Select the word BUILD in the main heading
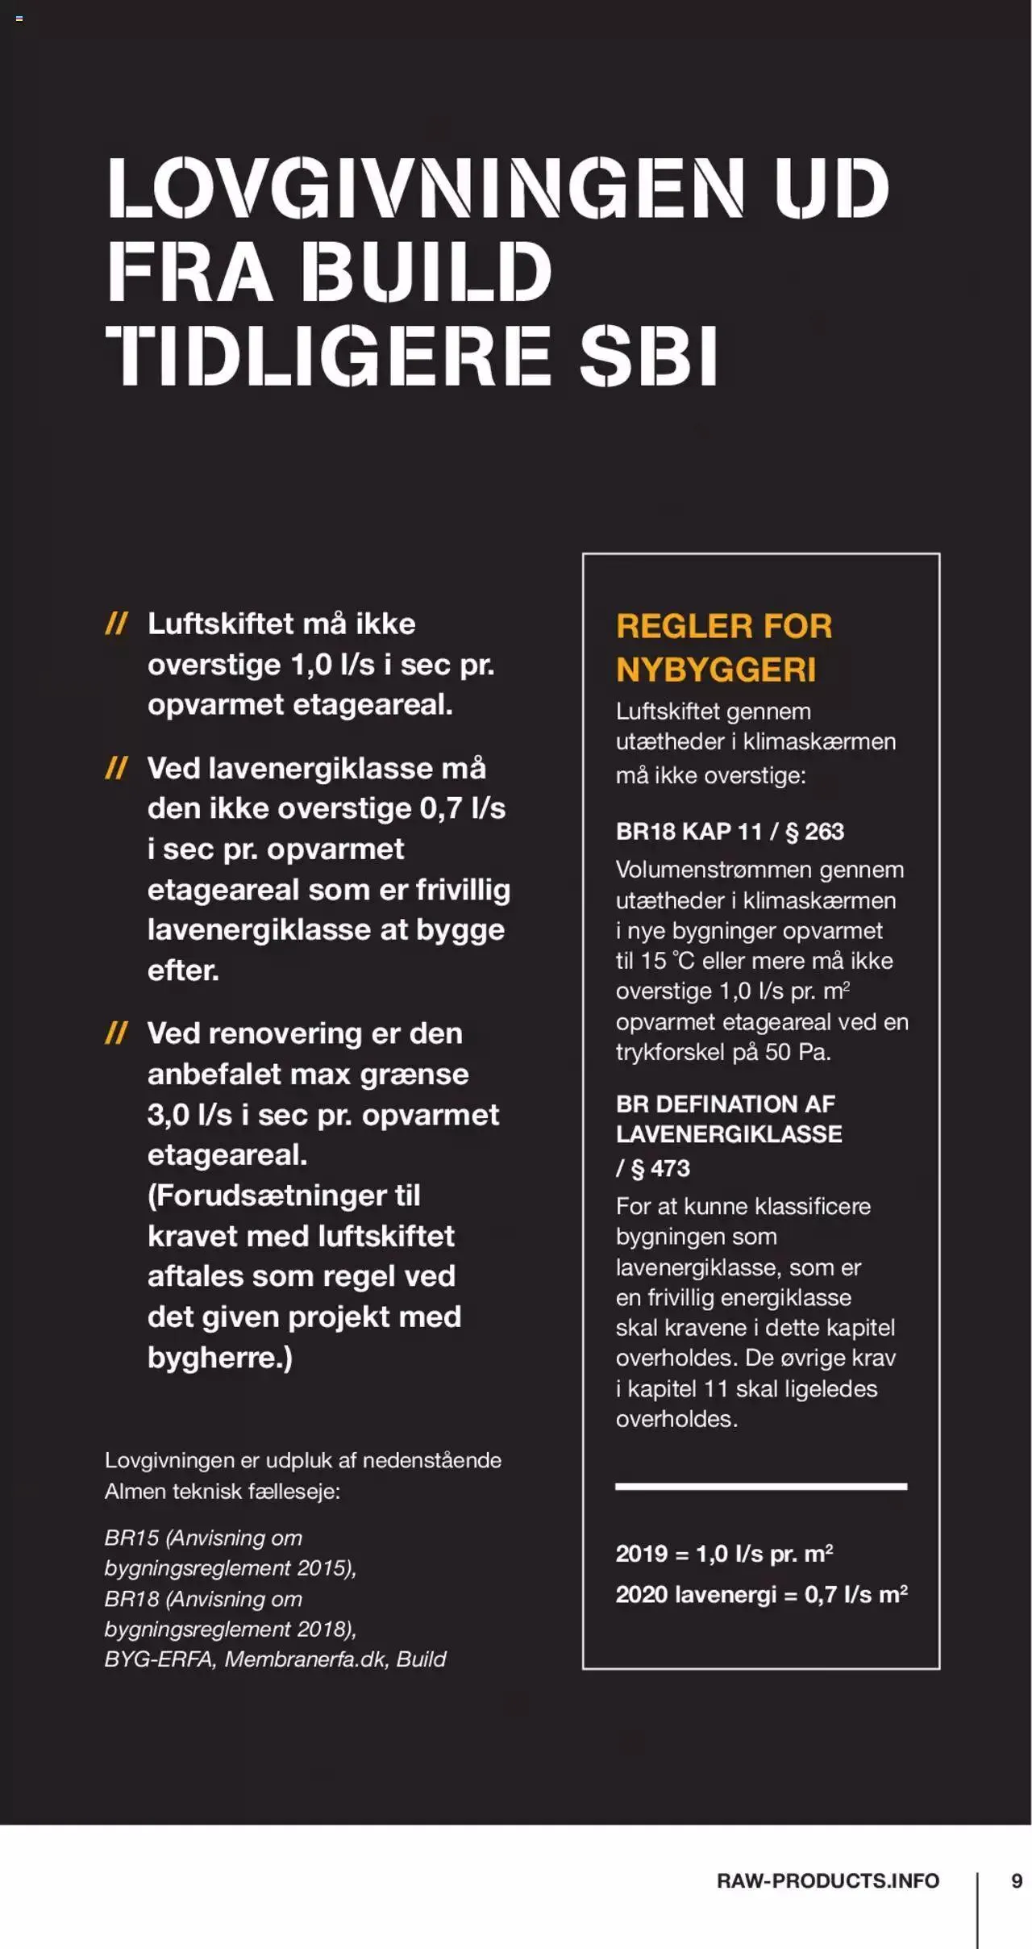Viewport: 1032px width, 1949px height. pos(427,272)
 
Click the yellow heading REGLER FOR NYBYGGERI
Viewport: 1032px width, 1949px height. pos(723,647)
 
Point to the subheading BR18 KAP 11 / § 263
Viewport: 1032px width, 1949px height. pos(730,832)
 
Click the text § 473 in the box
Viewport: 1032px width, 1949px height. pos(661,1168)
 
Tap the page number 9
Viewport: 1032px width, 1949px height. pos(1017,1880)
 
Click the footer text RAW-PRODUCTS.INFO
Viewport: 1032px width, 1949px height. pos(828,1880)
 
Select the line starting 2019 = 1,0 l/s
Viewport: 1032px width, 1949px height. pos(724,1554)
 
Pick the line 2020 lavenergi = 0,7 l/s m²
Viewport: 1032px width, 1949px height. pos(761,1594)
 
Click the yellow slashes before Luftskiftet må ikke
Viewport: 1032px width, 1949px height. pos(117,624)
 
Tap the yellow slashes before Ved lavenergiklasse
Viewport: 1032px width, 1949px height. pos(117,768)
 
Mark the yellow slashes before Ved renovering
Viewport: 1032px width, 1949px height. pos(117,1033)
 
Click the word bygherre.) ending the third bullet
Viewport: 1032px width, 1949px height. pos(219,1358)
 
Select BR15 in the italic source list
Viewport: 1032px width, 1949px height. pos(131,1538)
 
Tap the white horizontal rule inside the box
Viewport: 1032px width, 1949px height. pos(760,1486)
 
